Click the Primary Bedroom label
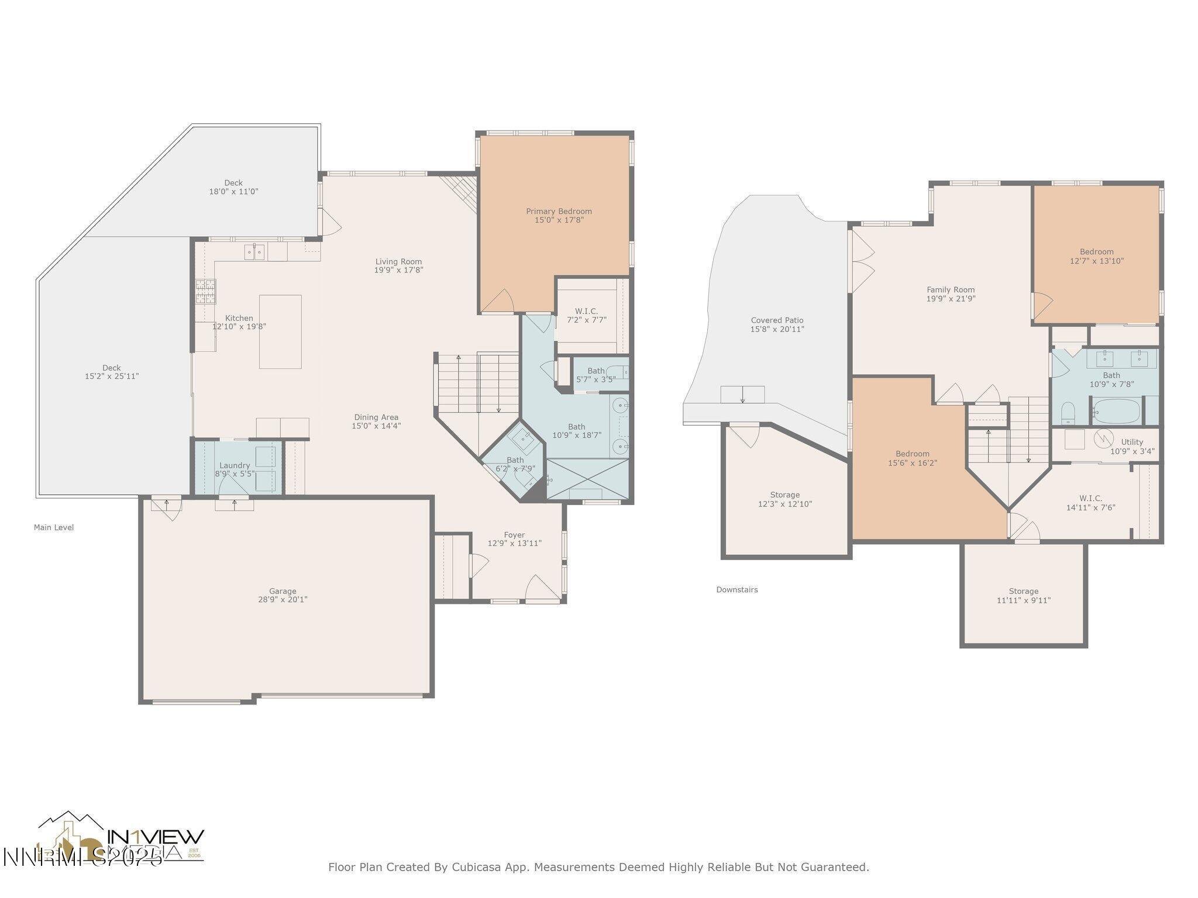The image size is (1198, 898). (x=559, y=212)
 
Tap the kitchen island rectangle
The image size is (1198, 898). (x=280, y=331)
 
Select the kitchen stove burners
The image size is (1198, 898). (x=205, y=292)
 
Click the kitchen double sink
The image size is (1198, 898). (x=254, y=252)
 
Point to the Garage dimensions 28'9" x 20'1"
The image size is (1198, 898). (x=283, y=599)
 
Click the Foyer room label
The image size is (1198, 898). (x=514, y=535)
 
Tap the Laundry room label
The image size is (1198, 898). (x=235, y=465)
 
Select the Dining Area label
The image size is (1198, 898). (x=376, y=417)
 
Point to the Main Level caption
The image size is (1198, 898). (x=54, y=527)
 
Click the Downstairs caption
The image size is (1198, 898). (x=736, y=590)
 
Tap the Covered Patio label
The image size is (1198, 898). (x=777, y=320)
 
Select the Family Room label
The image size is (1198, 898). (x=950, y=289)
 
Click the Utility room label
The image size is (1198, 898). (x=1132, y=442)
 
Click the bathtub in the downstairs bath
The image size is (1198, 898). (x=1116, y=412)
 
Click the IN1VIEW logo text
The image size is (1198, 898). (x=156, y=837)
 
